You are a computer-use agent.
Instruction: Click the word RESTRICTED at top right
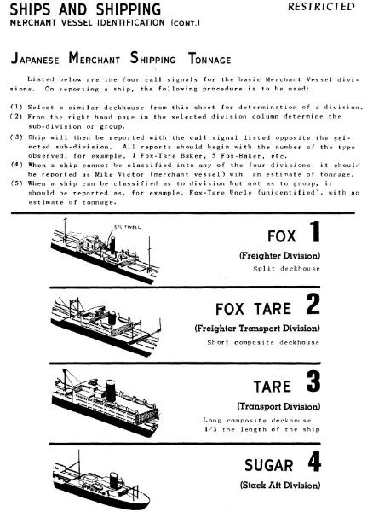click(x=321, y=7)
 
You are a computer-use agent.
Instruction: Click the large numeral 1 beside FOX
click(x=315, y=231)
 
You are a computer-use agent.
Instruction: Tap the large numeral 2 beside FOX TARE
click(x=313, y=304)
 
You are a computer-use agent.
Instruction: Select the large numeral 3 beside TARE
click(x=313, y=381)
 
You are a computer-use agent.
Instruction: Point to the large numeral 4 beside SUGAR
click(x=314, y=461)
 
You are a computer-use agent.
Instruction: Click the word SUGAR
click(x=269, y=465)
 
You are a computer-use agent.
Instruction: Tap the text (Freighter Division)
click(x=280, y=256)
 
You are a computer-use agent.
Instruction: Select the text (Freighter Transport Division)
click(x=257, y=329)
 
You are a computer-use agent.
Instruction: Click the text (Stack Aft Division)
click(x=280, y=485)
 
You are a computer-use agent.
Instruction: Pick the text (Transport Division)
click(x=278, y=406)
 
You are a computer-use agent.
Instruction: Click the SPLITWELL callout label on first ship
click(x=128, y=227)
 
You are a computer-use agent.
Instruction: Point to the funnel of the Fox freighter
click(x=112, y=245)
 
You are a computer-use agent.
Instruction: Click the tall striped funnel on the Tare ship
click(x=111, y=391)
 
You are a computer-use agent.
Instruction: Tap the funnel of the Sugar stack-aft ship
click(x=114, y=480)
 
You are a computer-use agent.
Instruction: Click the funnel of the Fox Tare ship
click(x=112, y=317)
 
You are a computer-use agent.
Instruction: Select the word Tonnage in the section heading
click(x=209, y=59)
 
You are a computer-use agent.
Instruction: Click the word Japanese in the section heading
click(x=35, y=59)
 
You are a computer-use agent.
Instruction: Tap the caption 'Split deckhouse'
click(x=287, y=269)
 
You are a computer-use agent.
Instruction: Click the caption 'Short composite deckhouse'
click(x=263, y=342)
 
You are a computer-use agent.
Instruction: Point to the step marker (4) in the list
click(x=17, y=165)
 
